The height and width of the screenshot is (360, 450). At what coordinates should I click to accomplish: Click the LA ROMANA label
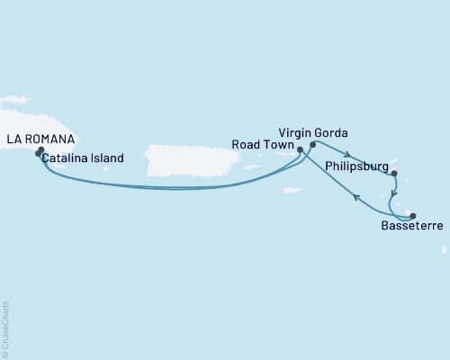click(x=41, y=139)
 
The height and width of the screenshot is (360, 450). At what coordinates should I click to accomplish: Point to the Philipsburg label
click(x=356, y=166)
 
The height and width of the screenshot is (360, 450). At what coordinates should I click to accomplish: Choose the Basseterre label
click(x=410, y=229)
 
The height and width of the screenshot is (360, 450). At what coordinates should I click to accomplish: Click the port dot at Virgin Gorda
click(x=312, y=144)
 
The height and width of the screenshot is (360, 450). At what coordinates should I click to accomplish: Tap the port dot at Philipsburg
click(x=394, y=175)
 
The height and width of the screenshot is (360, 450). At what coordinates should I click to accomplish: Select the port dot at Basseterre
click(x=413, y=215)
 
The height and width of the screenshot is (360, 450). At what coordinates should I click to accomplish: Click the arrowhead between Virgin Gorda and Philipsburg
click(x=347, y=153)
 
